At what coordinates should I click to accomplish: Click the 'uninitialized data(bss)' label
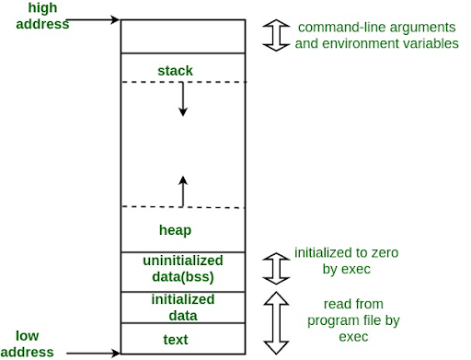point(182,268)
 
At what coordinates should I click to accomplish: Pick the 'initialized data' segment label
point(182,308)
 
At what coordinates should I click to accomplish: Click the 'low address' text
point(34,343)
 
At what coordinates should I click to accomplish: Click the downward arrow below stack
point(182,99)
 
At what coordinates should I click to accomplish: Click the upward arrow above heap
point(182,191)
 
